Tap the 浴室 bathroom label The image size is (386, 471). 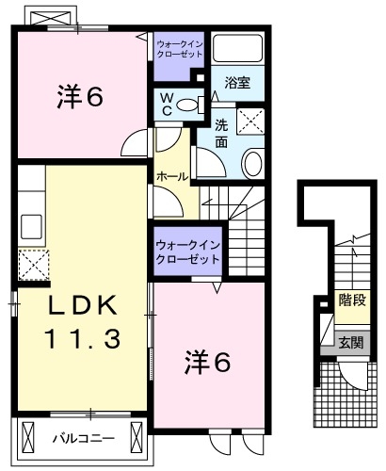[236, 83]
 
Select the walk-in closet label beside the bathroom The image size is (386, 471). [179, 49]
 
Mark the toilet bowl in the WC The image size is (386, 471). [188, 105]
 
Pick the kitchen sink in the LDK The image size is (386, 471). [31, 225]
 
